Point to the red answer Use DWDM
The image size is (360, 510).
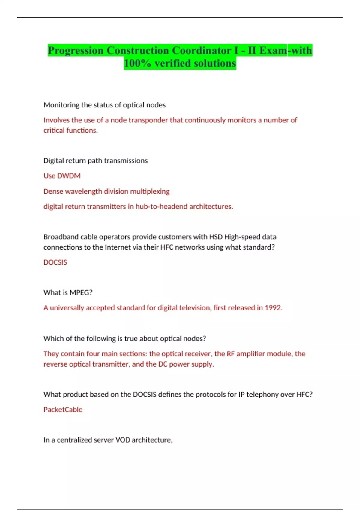click(62, 176)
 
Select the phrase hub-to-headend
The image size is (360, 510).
click(161, 207)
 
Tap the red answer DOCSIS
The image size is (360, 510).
click(55, 262)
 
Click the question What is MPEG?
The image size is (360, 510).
click(68, 293)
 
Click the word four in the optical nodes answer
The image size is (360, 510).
click(93, 354)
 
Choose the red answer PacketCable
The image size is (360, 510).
click(63, 409)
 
